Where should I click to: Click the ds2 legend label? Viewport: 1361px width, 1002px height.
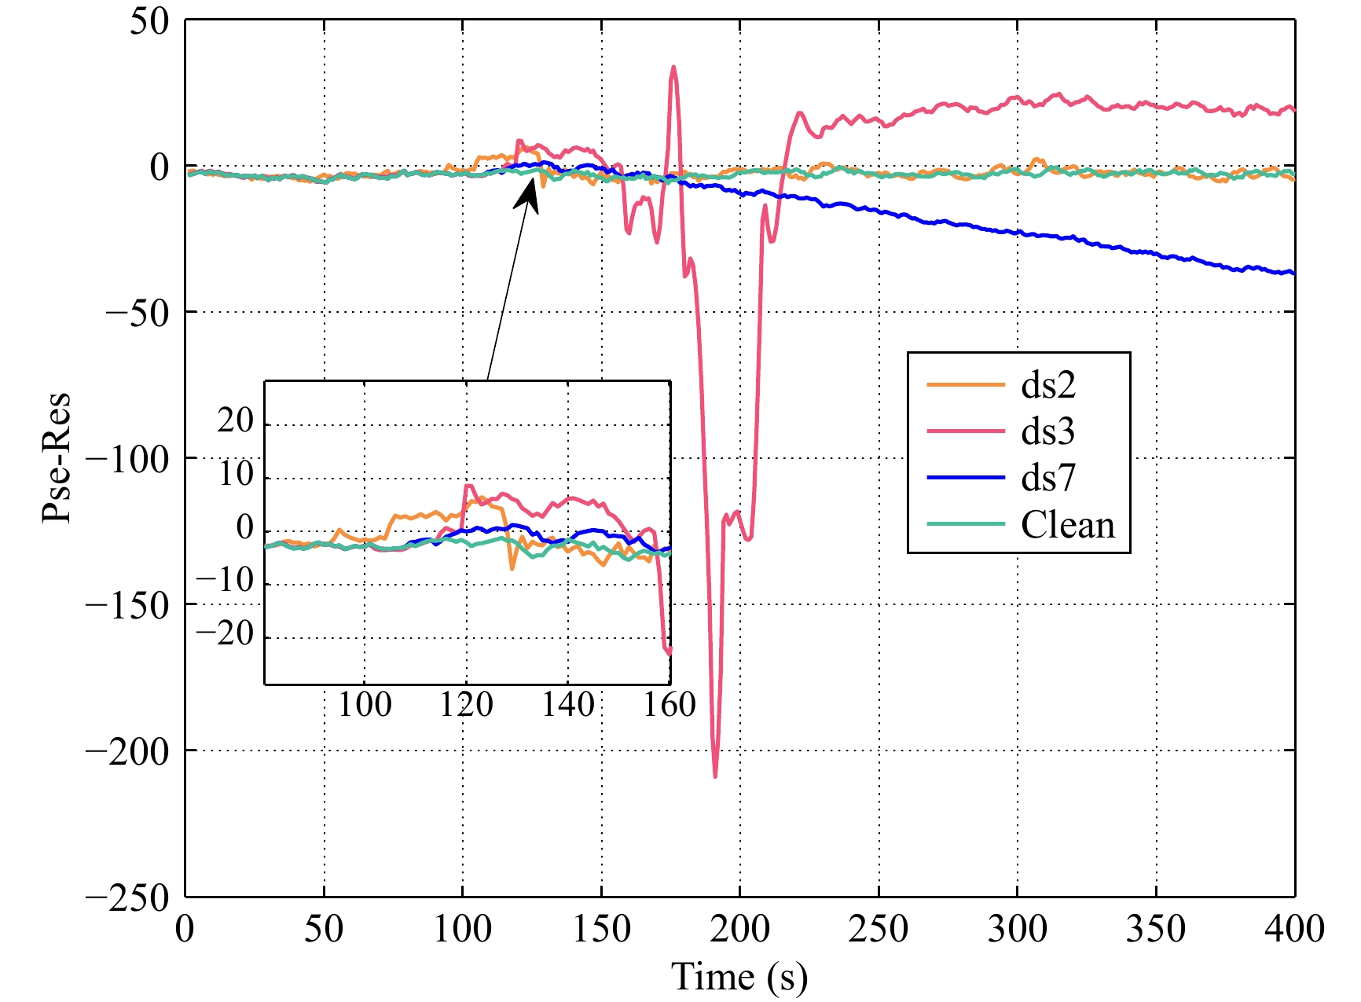tap(1047, 385)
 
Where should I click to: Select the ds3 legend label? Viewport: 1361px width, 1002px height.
tap(1047, 431)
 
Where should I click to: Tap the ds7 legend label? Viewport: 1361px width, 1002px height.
tap(1047, 478)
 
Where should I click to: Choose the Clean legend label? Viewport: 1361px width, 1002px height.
tap(1068, 524)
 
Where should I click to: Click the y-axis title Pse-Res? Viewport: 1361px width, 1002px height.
tap(57, 457)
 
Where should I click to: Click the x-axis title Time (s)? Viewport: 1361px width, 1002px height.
tap(739, 977)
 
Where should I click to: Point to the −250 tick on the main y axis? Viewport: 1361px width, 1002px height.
tap(127, 897)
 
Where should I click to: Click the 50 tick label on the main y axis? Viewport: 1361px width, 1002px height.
tap(149, 21)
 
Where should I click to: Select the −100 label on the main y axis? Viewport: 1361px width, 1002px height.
tap(127, 459)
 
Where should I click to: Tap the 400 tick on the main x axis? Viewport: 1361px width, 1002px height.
tap(1294, 929)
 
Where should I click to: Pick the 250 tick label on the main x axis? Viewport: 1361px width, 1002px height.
tap(878, 929)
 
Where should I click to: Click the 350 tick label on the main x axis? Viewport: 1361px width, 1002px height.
tap(1155, 929)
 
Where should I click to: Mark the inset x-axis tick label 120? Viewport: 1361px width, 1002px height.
tap(466, 705)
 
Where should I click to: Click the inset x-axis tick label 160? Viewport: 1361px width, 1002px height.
tap(669, 705)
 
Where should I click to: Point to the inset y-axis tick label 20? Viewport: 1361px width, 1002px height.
tap(236, 421)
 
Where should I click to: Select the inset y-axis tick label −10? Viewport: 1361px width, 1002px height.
tap(226, 582)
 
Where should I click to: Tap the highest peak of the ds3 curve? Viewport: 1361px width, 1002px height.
tap(673, 68)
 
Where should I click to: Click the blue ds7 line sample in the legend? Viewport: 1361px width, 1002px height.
tap(966, 478)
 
